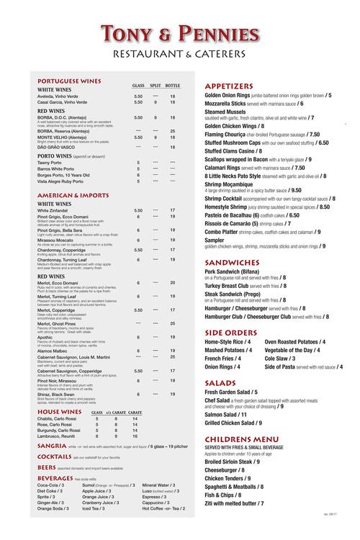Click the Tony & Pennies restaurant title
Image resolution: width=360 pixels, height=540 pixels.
click(x=180, y=34)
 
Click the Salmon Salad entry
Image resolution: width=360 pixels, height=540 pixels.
click(x=225, y=415)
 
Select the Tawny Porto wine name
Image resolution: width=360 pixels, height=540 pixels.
click(x=51, y=162)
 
